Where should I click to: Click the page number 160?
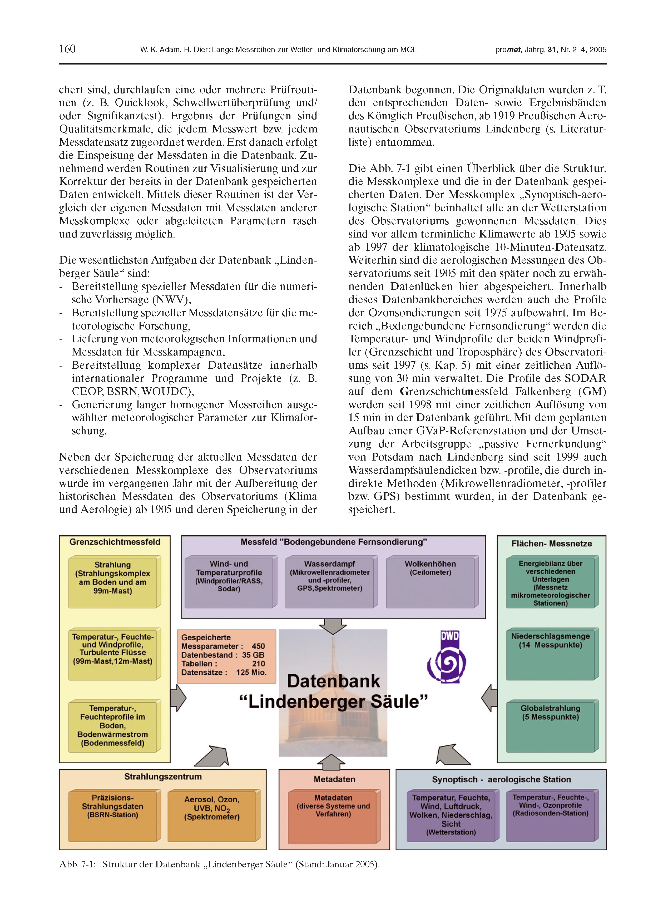coord(67,49)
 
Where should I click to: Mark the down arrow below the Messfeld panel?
coord(333,626)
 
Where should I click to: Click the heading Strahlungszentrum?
coord(163,777)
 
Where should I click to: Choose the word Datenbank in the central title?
coord(334,681)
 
